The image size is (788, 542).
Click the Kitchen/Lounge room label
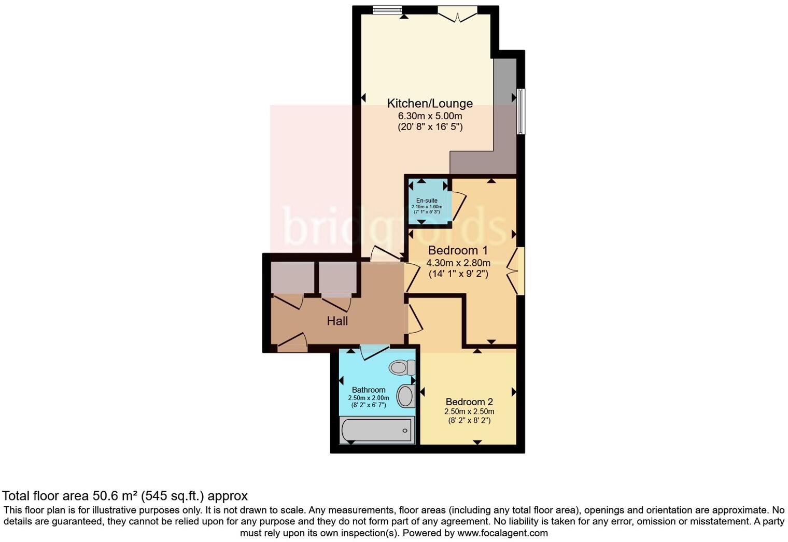430,103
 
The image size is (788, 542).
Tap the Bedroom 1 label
458,250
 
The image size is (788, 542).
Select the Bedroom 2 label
469,402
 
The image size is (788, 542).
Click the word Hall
337,321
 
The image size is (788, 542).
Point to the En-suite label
427,201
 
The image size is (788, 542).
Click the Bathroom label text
369,390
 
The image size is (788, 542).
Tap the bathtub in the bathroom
376,430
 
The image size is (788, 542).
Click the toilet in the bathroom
402,367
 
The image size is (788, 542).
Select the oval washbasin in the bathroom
405,396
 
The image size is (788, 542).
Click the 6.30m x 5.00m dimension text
430,116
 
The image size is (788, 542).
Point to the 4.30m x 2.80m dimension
458,263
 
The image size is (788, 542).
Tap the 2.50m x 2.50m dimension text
469,411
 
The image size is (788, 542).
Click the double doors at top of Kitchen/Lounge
457,14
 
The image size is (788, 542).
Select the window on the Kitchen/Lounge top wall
387,9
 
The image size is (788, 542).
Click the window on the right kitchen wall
520,111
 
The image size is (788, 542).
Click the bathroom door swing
374,352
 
